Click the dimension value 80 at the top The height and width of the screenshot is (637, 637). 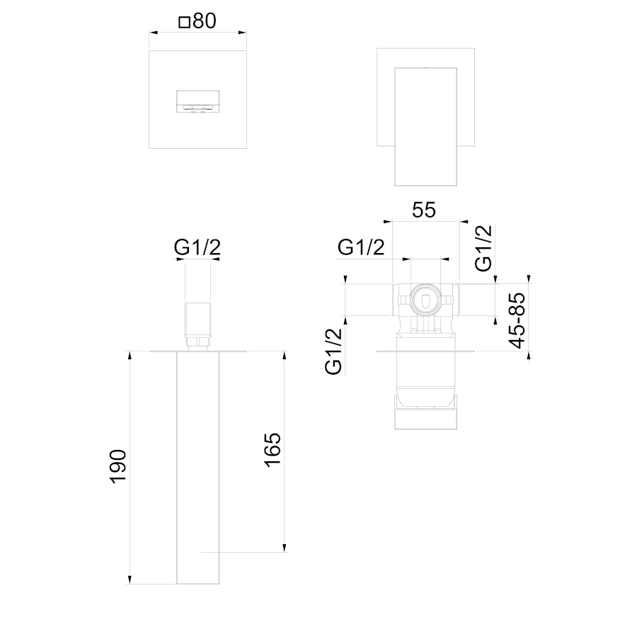tap(205, 21)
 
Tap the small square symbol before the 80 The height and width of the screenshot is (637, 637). tap(185, 22)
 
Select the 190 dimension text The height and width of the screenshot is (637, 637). tap(118, 466)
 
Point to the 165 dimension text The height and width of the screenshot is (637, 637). tap(272, 449)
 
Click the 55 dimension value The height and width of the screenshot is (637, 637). tap(424, 210)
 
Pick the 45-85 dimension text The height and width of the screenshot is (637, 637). tap(517, 320)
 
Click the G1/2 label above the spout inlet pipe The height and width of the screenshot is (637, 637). tap(197, 247)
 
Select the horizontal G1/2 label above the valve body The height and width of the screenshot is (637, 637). tap(361, 247)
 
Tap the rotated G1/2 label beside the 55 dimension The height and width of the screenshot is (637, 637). tap(483, 248)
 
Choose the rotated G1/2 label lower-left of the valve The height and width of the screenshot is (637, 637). tap(333, 351)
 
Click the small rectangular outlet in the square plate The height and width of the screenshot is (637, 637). tap(198, 101)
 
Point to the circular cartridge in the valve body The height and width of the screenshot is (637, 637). tap(425, 300)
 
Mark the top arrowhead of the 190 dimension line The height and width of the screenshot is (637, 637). tap(130, 354)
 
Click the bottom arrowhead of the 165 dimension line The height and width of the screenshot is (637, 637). tap(285, 548)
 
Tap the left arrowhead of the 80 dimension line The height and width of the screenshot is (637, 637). tap(154, 33)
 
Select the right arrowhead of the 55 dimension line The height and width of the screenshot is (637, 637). tap(464, 222)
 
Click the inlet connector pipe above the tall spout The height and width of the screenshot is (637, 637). tap(198, 320)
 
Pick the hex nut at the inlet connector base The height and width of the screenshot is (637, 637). tap(198, 342)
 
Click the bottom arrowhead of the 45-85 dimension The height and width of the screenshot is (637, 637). tap(529, 355)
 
